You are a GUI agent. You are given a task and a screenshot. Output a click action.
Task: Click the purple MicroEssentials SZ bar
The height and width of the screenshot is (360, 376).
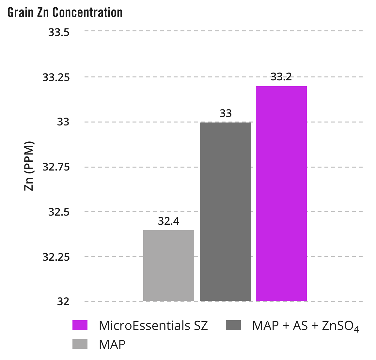pyautogui.click(x=281, y=193)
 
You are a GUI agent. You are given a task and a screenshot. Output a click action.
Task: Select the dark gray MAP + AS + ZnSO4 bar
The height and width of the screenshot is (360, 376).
pyautogui.click(x=226, y=211)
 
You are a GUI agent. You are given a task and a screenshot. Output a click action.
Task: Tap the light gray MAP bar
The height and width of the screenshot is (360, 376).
pyautogui.click(x=169, y=265)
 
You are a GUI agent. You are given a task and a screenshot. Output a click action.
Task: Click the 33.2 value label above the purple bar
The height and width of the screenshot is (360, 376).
pyautogui.click(x=281, y=77)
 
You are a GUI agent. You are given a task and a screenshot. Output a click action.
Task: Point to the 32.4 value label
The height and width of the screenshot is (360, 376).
pyautogui.click(x=169, y=221)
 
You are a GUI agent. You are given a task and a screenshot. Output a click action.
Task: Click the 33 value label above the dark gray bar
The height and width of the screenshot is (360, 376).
pyautogui.click(x=226, y=113)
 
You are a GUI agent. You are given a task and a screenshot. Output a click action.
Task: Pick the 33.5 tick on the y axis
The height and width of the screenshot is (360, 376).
pyautogui.click(x=59, y=32)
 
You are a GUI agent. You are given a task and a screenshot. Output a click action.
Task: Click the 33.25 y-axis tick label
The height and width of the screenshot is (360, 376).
pyautogui.click(x=56, y=77)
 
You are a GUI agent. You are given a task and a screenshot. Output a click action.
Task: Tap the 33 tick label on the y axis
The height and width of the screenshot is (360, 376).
pyautogui.click(x=63, y=122)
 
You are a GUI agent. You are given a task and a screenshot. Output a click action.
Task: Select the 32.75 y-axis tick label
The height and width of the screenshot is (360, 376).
pyautogui.click(x=56, y=167)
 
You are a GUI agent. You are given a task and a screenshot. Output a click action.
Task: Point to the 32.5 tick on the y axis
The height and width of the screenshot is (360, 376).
pyautogui.click(x=59, y=212)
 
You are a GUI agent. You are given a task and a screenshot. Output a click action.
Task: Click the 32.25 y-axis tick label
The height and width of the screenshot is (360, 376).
pyautogui.click(x=56, y=257)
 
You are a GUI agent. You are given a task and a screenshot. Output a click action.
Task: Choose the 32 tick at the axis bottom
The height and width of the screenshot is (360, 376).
pyautogui.click(x=63, y=302)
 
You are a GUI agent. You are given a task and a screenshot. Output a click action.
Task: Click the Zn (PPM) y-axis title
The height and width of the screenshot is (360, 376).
pyautogui.click(x=29, y=166)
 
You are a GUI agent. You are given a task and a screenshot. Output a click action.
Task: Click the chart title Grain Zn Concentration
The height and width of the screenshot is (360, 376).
pyautogui.click(x=65, y=12)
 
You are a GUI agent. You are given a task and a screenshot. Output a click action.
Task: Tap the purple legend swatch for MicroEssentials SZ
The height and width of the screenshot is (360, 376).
pyautogui.click(x=80, y=325)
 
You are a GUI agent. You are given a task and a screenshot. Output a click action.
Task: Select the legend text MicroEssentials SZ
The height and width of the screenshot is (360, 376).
pyautogui.click(x=153, y=326)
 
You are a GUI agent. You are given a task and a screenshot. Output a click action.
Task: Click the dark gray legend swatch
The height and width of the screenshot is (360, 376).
pyautogui.click(x=233, y=325)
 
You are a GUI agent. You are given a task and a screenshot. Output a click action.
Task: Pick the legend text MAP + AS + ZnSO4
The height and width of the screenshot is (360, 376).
pyautogui.click(x=305, y=326)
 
